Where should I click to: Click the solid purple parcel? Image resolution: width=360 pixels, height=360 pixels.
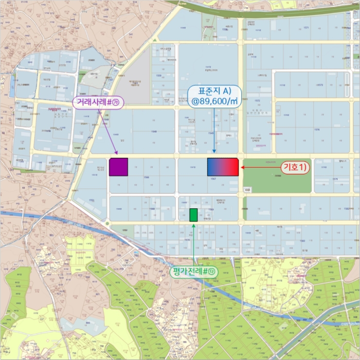118,167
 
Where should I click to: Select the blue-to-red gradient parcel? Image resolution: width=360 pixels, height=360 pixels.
223,167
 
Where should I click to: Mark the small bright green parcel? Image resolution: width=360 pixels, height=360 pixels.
193,215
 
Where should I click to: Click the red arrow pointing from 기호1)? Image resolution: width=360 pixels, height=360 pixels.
260,168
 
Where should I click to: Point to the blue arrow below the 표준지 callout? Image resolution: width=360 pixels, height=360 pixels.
214,131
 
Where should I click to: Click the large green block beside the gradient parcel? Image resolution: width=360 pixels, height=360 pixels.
277,175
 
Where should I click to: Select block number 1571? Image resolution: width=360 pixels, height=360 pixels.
307,28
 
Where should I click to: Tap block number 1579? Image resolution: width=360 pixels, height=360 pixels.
335,179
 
